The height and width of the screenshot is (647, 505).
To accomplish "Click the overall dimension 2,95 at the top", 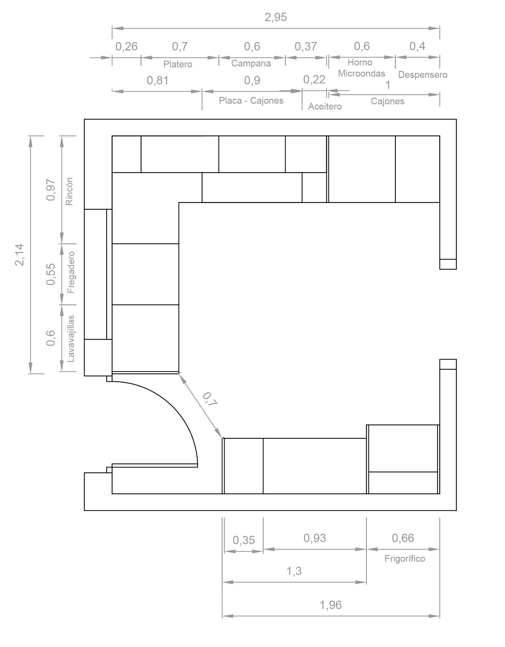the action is [276, 17].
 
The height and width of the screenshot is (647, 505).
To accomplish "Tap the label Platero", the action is [178, 64].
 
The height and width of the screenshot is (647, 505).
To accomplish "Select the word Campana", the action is [251, 63].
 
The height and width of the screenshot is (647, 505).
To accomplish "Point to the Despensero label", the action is [423, 75].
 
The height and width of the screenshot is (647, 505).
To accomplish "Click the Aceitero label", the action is [325, 106].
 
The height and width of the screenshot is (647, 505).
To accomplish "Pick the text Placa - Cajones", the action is [251, 101].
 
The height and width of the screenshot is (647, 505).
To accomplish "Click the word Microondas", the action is [361, 73].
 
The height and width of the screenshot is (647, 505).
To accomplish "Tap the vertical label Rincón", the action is [69, 191].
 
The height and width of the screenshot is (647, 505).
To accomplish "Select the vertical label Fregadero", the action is [71, 272].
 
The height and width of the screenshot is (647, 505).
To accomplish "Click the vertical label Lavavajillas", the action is [71, 339].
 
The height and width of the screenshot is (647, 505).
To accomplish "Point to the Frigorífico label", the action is [405, 559].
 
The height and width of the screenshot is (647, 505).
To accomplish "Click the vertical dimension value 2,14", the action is [19, 255].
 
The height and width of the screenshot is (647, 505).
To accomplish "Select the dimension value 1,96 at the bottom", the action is [330, 605].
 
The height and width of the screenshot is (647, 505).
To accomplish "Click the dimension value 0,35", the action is [244, 540].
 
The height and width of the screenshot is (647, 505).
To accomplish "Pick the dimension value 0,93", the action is [315, 538].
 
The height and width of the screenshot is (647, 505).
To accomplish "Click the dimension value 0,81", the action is [158, 80].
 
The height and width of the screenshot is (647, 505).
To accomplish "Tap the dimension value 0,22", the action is [314, 79].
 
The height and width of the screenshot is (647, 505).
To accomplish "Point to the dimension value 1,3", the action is [294, 571].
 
